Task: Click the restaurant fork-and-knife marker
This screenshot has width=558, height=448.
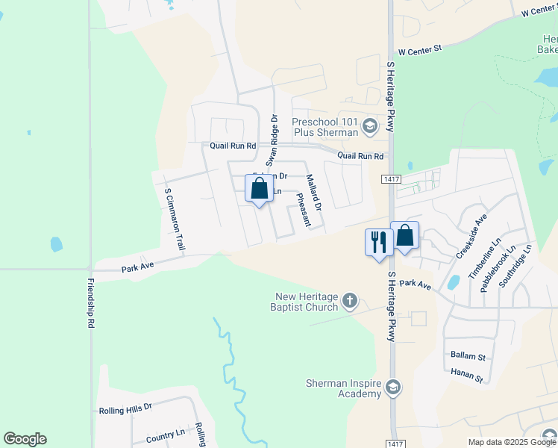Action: click(x=379, y=242)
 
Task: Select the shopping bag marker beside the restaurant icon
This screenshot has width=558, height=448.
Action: click(x=404, y=235)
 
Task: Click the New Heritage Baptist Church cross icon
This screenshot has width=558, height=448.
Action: click(x=350, y=302)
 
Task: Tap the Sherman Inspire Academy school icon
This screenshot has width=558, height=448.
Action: click(x=393, y=388)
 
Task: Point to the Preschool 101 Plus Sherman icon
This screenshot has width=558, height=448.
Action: click(x=369, y=127)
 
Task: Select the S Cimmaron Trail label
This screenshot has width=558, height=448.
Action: click(x=174, y=219)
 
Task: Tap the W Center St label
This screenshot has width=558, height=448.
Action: click(x=420, y=50)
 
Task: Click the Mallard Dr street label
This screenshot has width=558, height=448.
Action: click(x=314, y=192)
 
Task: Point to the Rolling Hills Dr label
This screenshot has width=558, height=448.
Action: click(x=125, y=408)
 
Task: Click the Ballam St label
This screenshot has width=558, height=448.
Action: click(x=468, y=357)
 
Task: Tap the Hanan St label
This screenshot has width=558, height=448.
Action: click(x=467, y=375)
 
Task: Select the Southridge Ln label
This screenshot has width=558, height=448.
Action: click(x=515, y=267)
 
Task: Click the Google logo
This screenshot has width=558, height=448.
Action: click(x=25, y=439)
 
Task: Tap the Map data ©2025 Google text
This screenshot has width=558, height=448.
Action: click(x=512, y=442)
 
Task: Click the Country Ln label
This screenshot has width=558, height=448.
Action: click(x=166, y=434)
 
